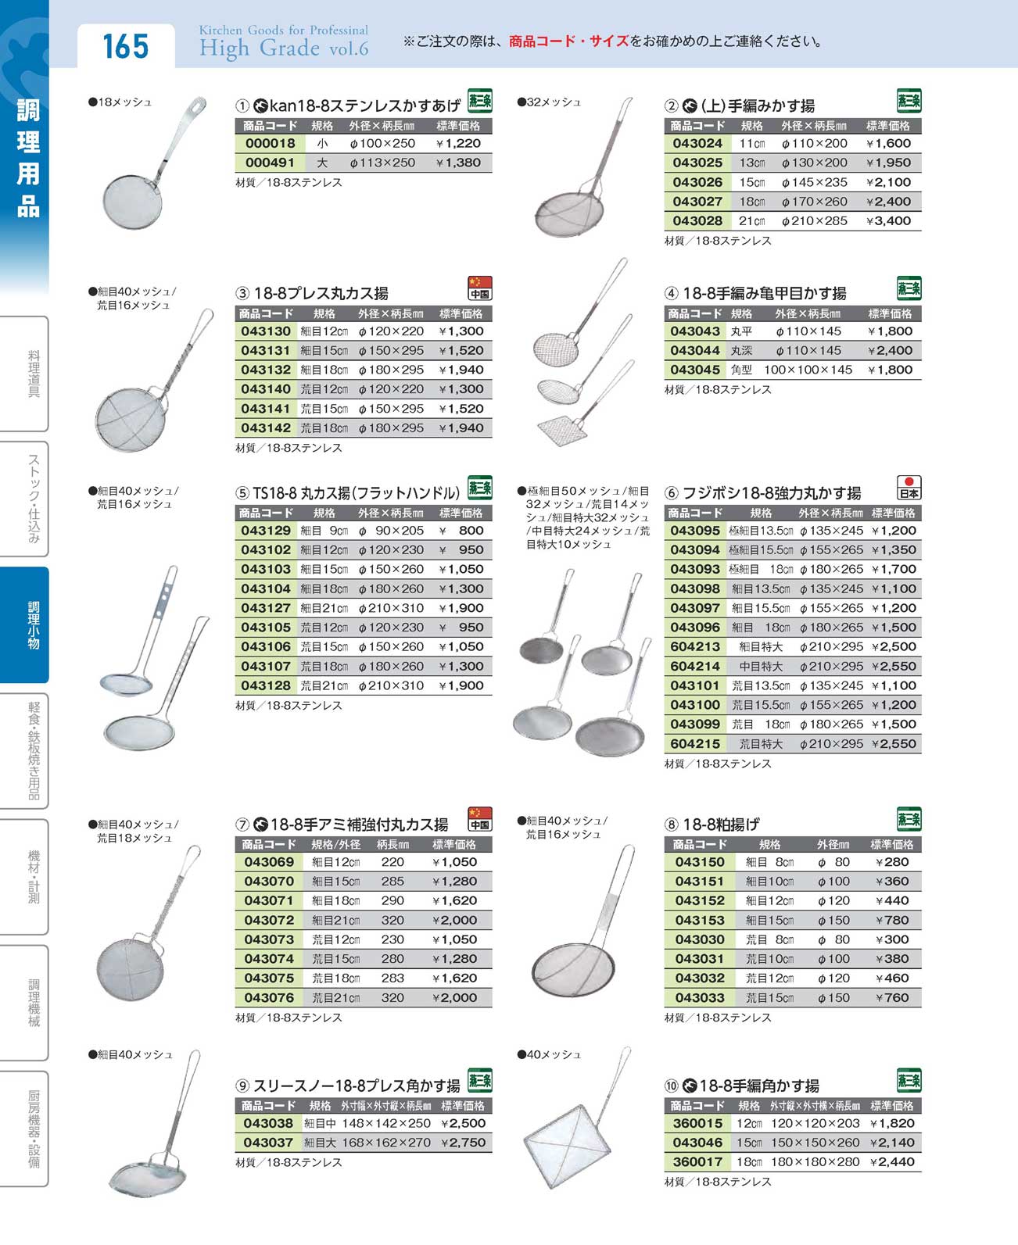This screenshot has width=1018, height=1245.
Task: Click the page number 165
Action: [125, 46]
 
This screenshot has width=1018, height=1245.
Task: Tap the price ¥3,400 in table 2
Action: [888, 220]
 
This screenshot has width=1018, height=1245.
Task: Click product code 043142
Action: [266, 428]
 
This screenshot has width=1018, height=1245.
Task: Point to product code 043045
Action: [694, 370]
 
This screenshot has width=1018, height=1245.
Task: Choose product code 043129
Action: [266, 530]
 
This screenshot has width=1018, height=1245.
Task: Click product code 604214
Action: [694, 666]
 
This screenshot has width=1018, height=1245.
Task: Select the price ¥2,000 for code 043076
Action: [454, 997]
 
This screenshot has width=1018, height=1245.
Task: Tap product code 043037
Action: [268, 1142]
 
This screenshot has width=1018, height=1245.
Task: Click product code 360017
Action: [697, 1161]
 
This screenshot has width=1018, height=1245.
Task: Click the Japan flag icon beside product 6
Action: [909, 487]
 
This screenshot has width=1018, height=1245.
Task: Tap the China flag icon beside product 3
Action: [479, 288]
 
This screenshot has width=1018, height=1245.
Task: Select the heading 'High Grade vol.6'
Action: [283, 48]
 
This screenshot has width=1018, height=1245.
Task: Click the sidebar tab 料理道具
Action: [33, 374]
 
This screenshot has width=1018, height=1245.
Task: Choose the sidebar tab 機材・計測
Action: [33, 877]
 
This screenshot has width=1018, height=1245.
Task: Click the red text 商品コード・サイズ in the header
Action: [568, 41]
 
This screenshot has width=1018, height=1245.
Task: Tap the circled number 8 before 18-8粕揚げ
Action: [671, 825]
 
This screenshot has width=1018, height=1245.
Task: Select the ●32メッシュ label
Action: [550, 102]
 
